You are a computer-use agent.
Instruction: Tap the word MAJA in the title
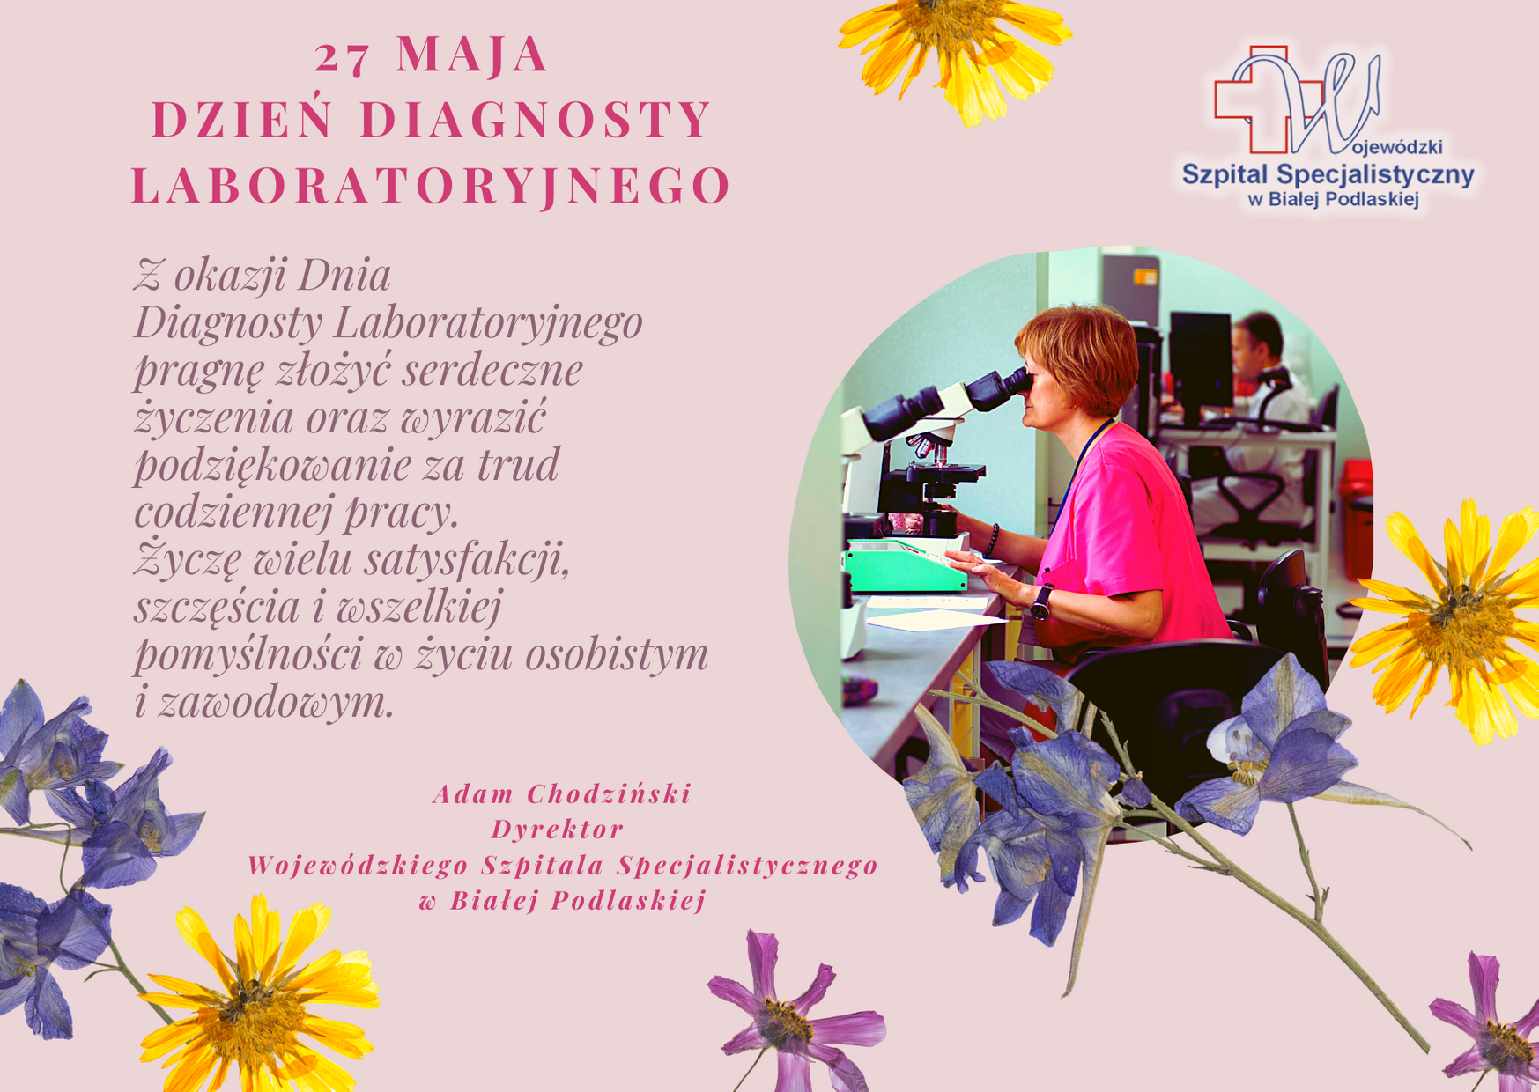[473, 54]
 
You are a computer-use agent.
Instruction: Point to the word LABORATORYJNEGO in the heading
[432, 186]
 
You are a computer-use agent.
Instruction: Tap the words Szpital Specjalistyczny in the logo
[1328, 174]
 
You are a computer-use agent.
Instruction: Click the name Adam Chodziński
[562, 793]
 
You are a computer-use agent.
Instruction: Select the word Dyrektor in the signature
[558, 830]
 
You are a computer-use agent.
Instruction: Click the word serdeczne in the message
[492, 370]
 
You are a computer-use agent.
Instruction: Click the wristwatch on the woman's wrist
[1042, 602]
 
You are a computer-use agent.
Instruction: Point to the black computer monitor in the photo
[1200, 361]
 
